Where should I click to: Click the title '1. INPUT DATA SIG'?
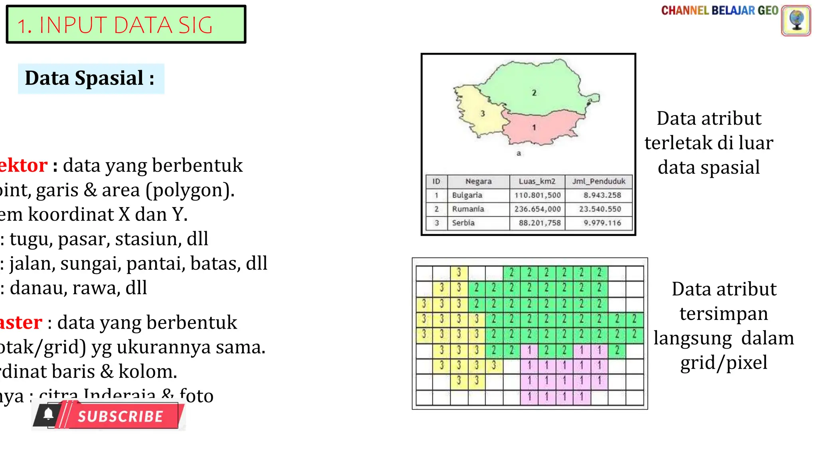pos(115,25)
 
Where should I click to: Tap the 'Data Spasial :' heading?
pos(90,78)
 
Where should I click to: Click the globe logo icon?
pos(796,20)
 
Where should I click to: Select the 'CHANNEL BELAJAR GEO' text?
pos(719,11)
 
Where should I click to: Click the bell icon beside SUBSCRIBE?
pos(49,414)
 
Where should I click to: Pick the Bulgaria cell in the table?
pos(467,195)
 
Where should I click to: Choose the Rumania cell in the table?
pos(468,209)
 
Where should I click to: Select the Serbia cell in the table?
pos(463,223)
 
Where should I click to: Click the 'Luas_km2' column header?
pos(537,181)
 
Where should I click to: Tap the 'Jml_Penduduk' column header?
pos(599,181)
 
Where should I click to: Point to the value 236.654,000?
pos(537,209)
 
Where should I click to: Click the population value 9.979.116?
pos(602,223)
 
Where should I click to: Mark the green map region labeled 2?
pos(535,88)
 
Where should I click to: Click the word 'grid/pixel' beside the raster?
pos(724,363)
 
